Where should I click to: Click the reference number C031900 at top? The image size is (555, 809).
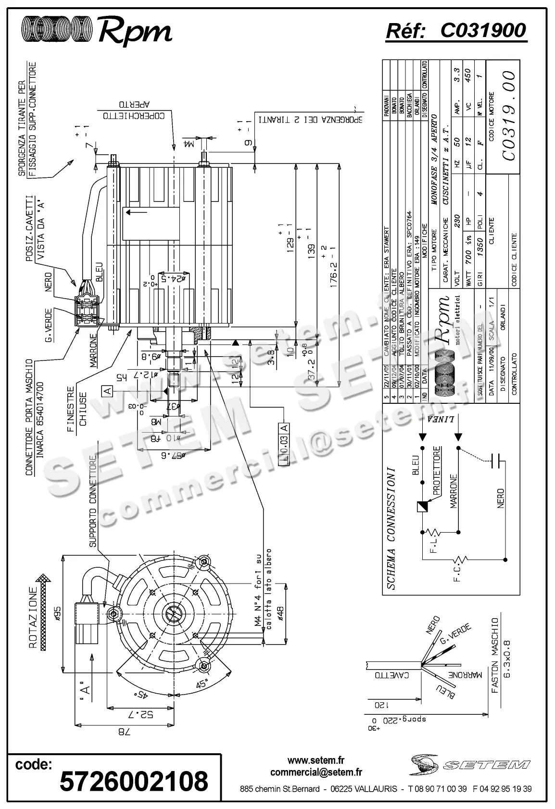tap(483, 31)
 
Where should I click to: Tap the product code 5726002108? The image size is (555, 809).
tap(134, 780)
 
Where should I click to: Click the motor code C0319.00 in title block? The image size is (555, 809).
tap(508, 115)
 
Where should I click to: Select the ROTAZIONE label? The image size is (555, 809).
tap(33, 618)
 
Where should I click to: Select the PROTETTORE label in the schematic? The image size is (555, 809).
tap(437, 471)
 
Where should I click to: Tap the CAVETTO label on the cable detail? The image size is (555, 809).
tap(393, 674)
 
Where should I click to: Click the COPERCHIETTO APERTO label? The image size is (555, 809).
tap(133, 110)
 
